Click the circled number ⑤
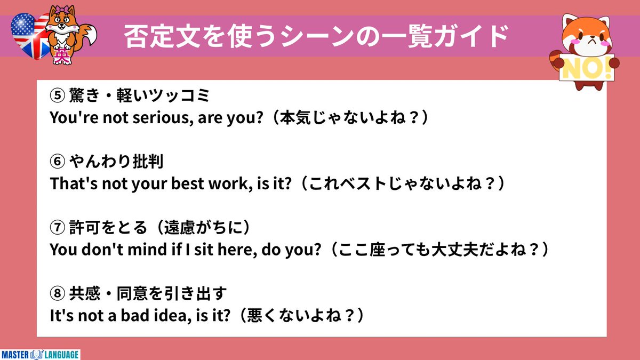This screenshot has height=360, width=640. click(57, 96)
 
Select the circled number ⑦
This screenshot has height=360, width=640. click(57, 227)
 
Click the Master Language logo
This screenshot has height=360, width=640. click(40, 354)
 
